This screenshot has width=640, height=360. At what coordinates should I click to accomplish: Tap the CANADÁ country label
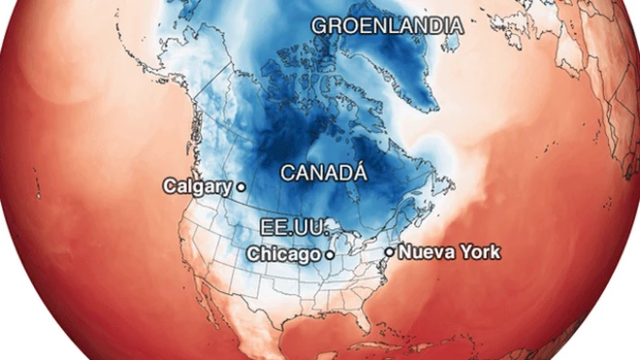(324, 174)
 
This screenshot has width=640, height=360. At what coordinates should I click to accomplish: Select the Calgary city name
(198, 185)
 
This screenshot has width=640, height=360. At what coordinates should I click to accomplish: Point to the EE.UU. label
(289, 227)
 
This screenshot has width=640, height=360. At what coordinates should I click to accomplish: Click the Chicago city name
(284, 254)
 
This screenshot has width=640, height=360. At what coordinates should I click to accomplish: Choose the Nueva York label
(450, 252)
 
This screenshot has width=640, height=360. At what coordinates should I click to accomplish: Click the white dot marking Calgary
(240, 186)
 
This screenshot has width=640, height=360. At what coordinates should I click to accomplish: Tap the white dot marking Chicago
(329, 254)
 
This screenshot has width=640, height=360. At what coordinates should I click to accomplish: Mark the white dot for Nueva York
(390, 252)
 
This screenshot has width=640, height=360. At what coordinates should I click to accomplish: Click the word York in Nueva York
(480, 252)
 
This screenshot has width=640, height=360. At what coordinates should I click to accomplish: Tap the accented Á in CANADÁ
(359, 173)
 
